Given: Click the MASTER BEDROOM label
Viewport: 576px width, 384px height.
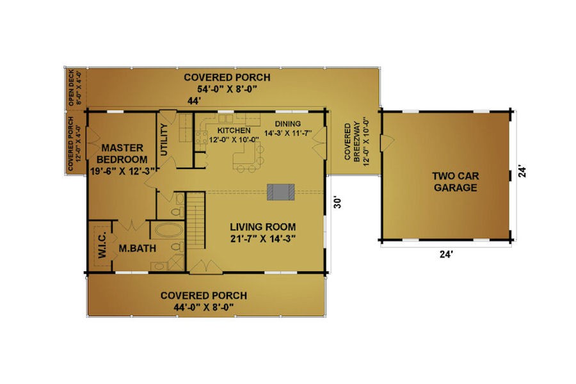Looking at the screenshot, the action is [122, 154].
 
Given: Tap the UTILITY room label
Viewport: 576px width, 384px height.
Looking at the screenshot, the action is [164, 140].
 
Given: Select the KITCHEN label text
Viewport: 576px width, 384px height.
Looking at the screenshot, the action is [234, 131].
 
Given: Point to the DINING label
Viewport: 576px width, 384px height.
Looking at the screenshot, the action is [287, 124].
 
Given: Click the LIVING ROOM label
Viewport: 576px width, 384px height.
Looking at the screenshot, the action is [262, 227].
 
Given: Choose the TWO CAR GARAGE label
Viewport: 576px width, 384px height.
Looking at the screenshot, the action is [456, 182].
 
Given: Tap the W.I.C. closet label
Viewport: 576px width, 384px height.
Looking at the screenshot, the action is [102, 244].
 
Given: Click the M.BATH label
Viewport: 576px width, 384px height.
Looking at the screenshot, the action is [138, 248].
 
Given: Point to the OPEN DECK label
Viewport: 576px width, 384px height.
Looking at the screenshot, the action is [71, 88].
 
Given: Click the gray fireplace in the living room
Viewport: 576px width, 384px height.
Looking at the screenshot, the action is [281, 192].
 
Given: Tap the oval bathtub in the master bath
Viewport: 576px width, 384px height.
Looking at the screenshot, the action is [168, 231].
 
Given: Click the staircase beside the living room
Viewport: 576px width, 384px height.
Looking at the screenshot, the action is [196, 220].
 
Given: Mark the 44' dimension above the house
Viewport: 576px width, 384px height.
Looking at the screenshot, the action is [194, 101].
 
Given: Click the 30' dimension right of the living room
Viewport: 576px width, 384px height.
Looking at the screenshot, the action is [337, 202].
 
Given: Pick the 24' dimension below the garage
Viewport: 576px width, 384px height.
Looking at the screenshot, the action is [446, 254].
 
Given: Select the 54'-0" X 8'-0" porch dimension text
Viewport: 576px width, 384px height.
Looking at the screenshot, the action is [227, 89].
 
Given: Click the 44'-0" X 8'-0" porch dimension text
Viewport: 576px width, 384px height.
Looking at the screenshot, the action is [204, 307].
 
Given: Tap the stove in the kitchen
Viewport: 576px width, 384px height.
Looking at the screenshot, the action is [202, 137].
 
